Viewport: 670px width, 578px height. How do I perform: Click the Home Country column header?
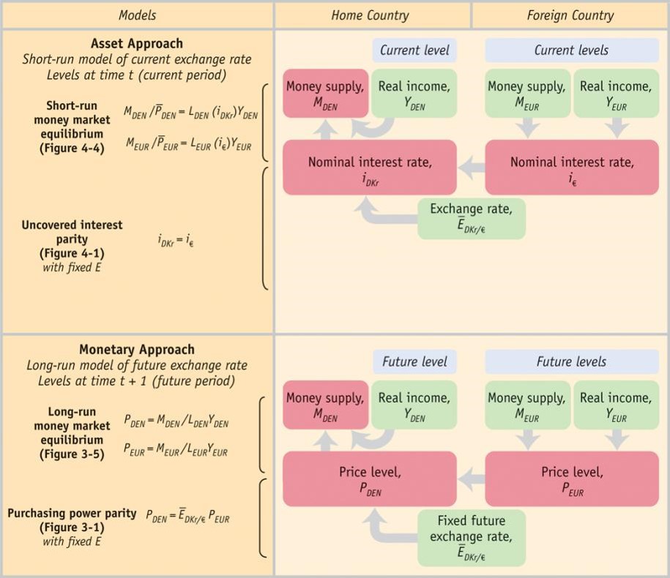[371, 15]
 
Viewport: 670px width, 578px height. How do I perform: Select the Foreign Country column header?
[570, 15]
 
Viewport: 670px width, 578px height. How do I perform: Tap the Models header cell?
[138, 15]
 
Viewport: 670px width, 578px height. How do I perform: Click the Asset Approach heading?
[137, 44]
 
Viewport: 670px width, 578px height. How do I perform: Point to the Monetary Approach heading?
[137, 350]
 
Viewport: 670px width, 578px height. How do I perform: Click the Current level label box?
[414, 50]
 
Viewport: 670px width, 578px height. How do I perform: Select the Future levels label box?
[571, 361]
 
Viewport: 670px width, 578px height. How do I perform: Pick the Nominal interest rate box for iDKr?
[369, 168]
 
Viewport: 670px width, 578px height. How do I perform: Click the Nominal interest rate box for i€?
[571, 168]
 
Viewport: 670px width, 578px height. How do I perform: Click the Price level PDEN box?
[369, 479]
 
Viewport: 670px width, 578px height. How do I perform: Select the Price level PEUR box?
[571, 479]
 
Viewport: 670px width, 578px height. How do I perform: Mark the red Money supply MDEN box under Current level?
[325, 94]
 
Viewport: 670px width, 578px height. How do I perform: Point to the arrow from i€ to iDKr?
[471, 168]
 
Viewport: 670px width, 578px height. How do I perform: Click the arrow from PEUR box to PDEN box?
[471, 479]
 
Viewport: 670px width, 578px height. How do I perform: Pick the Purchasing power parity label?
[72, 513]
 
